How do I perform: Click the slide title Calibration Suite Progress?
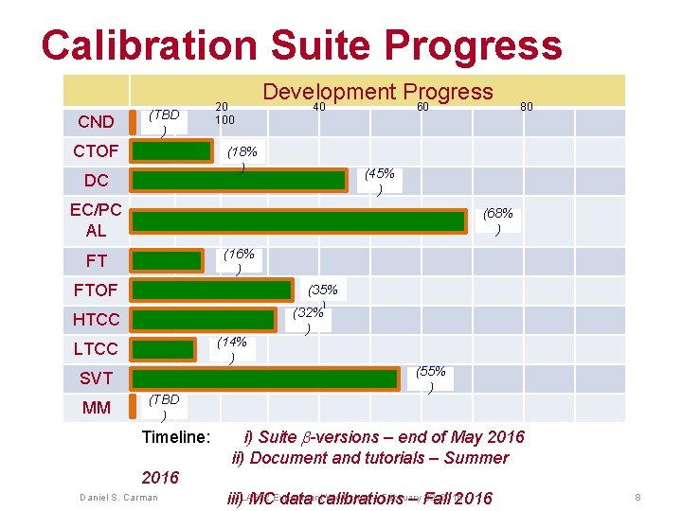pos(301,44)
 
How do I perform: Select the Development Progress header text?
pos(377,92)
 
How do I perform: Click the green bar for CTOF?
pos(171,151)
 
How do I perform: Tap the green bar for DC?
pos(239,180)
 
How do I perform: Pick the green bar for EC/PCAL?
pos(298,220)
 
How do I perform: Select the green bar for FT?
pos(167,260)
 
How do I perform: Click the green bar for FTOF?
pos(212,290)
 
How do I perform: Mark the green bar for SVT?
pos(264,378)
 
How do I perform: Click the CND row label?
pos(96,122)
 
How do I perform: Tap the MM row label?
pos(96,408)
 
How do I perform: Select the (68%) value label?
pos(498,221)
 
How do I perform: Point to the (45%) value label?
pos(380,181)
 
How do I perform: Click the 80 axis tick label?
pos(527,108)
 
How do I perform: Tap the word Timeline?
pos(175,437)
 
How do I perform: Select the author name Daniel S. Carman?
pos(118,497)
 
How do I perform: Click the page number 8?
pos(638,497)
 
